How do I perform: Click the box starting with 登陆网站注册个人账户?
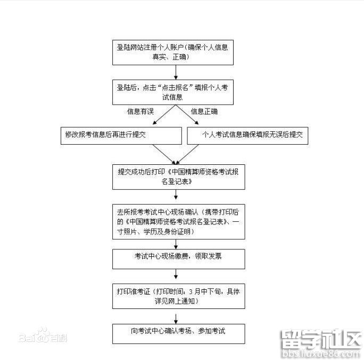pyautogui.click(x=179, y=52)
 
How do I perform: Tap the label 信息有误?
pyautogui.click(x=140, y=112)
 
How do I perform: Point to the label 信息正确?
pyautogui.click(x=204, y=112)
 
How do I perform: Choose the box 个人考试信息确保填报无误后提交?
pyautogui.click(x=247, y=136)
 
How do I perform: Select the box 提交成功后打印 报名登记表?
pyautogui.click(x=179, y=177)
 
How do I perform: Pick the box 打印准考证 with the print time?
pyautogui.click(x=179, y=296)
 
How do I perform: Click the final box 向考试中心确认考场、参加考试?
pyautogui.click(x=179, y=332)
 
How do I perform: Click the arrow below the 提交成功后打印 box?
pyautogui.click(x=178, y=196)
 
